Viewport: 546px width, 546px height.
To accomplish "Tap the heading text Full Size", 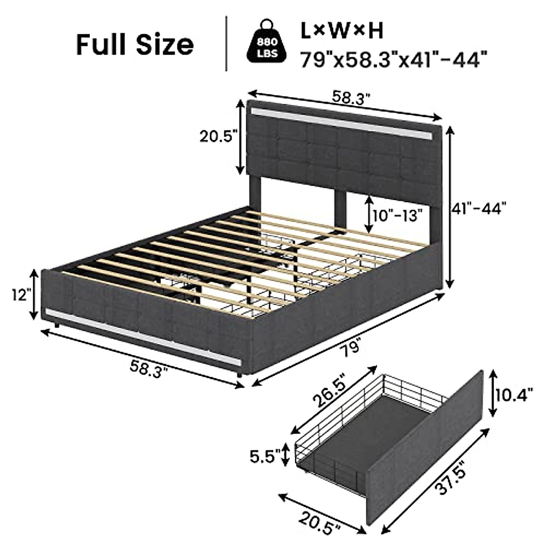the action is [x=135, y=45].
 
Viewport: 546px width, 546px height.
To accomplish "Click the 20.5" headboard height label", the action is [x=218, y=136].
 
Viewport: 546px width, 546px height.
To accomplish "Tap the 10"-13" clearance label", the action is [x=398, y=216].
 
